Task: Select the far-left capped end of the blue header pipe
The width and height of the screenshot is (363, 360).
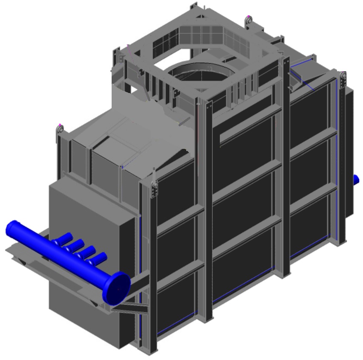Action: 13,228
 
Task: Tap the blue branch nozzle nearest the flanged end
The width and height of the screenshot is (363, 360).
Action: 100,258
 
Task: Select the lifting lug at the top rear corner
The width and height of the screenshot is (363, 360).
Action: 249,20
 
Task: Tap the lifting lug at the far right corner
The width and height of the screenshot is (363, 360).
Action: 343,78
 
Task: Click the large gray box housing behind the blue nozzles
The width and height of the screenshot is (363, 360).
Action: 89,213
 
